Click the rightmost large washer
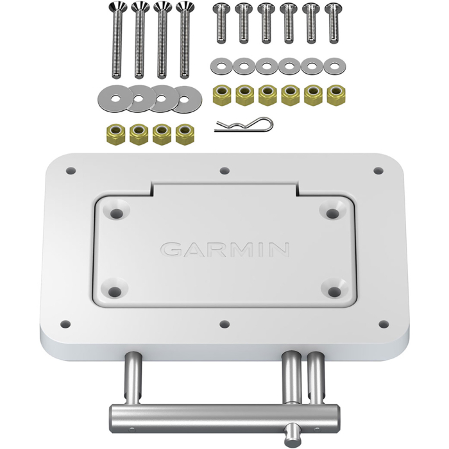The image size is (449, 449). click(x=187, y=97)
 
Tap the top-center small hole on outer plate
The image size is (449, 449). click(x=224, y=171)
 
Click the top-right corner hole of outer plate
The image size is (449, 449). click(x=378, y=171)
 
